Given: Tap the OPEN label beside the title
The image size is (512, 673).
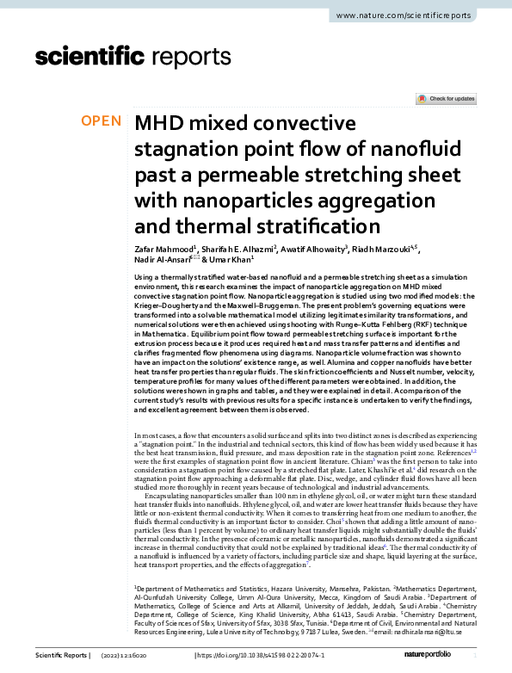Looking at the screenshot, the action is pyautogui.click(x=101, y=121).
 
